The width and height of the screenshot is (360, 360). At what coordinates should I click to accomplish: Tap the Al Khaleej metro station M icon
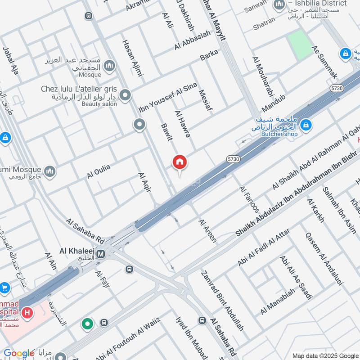pos(102,254)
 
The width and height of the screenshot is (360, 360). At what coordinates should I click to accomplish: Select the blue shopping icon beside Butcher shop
pos(306,124)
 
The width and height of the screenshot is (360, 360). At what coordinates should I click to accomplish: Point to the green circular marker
pos(87,323)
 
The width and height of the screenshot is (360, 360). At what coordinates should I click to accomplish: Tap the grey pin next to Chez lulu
pos(126,95)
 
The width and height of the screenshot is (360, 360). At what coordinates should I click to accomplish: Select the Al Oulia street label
pos(99,172)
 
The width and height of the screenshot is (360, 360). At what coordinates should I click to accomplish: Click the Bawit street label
pos(166,131)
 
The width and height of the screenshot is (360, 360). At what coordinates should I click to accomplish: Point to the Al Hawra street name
pos(182,124)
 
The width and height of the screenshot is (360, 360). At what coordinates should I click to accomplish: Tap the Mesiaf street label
pos(205,100)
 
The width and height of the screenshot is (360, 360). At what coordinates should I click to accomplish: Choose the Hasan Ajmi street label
pos(132,57)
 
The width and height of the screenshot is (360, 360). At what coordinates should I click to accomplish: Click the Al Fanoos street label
pos(250,199)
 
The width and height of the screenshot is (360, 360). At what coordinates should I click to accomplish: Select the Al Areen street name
pos(207,231)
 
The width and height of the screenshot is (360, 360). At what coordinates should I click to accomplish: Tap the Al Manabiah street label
pos(278,301)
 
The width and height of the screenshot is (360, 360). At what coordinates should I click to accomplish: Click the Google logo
pos(18,353)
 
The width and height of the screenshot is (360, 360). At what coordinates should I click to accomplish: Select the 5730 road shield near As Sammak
pos(336,88)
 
